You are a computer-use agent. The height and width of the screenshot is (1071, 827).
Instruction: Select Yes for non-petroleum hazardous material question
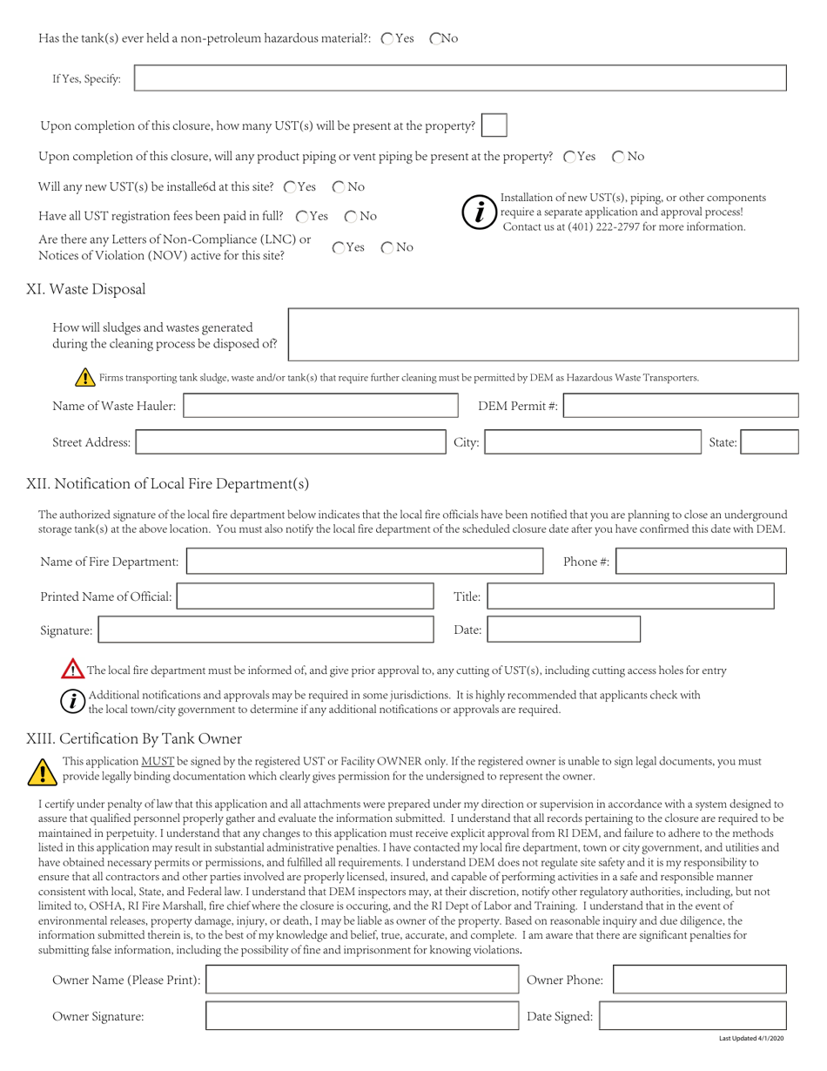pyautogui.click(x=388, y=38)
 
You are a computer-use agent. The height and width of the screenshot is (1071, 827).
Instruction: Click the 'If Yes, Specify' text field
pyautogui.click(x=461, y=78)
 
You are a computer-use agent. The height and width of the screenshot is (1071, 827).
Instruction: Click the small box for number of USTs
pyautogui.click(x=494, y=125)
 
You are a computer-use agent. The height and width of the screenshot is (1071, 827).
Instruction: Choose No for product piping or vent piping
pyautogui.click(x=619, y=157)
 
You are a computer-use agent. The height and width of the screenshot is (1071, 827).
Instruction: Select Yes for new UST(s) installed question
pyautogui.click(x=291, y=187)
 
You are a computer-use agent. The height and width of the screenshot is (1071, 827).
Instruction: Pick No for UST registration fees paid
pyautogui.click(x=351, y=216)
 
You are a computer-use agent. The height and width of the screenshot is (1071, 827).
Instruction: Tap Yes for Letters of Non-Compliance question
pyautogui.click(x=339, y=247)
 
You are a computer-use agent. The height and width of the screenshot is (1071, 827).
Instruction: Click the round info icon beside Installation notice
pyautogui.click(x=478, y=212)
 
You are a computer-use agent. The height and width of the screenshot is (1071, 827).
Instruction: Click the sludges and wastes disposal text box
pyautogui.click(x=542, y=334)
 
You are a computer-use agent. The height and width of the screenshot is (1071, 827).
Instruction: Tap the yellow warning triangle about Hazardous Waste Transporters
pyautogui.click(x=85, y=378)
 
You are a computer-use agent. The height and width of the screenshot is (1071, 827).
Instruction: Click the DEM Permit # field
pyautogui.click(x=681, y=406)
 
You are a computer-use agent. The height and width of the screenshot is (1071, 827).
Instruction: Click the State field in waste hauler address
pyautogui.click(x=770, y=442)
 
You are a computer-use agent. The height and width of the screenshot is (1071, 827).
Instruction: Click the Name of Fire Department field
pyautogui.click(x=365, y=562)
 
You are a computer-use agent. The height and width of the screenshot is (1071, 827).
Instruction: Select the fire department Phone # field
pyautogui.click(x=702, y=562)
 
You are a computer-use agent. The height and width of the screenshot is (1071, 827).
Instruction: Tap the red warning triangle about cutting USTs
pyautogui.click(x=72, y=670)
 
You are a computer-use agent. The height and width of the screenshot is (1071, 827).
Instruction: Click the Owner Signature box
pyautogui.click(x=361, y=1016)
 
